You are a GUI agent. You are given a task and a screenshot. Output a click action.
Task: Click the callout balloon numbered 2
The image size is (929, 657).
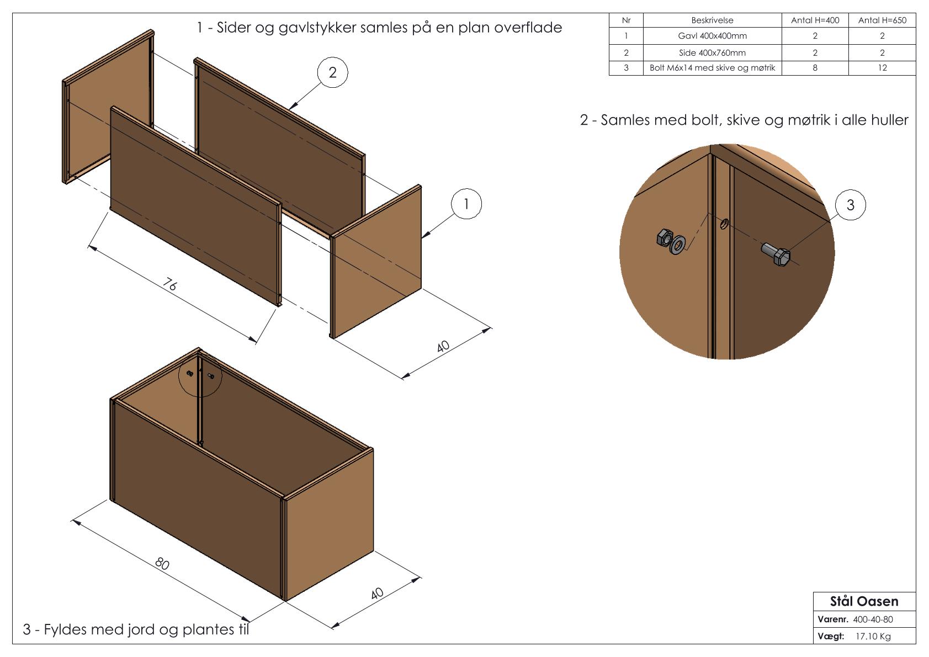pyautogui.click(x=332, y=73)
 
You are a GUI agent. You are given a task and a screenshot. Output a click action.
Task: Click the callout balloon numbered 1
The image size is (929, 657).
pyautogui.click(x=466, y=204)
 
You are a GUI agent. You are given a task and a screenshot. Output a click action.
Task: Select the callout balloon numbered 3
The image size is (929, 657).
pyautogui.click(x=850, y=205)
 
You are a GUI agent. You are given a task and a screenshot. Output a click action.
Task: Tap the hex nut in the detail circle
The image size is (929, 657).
pyautogui.click(x=663, y=239)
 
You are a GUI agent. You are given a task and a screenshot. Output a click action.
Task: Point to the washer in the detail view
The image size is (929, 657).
pyautogui.click(x=677, y=245)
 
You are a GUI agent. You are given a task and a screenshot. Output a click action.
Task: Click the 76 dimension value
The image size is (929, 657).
pyautogui.click(x=171, y=284)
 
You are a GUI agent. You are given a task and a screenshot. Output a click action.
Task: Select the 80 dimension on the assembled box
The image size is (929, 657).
pyautogui.click(x=162, y=564)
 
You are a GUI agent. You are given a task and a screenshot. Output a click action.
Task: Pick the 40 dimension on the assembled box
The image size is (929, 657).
pyautogui.click(x=377, y=594)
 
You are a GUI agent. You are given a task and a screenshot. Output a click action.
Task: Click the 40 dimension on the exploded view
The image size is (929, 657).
pyautogui.click(x=443, y=347)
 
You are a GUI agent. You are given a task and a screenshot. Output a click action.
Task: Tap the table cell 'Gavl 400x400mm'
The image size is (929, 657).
pyautogui.click(x=712, y=36)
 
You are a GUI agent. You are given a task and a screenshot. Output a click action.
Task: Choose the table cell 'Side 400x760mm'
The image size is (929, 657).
pyautogui.click(x=712, y=53)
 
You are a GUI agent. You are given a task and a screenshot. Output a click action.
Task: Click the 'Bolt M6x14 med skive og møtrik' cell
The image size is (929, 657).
pyautogui.click(x=712, y=68)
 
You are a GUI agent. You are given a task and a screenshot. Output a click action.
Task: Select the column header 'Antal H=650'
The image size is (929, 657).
pyautogui.click(x=882, y=20)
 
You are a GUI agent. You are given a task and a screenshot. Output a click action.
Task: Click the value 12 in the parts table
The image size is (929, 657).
pyautogui.click(x=882, y=68)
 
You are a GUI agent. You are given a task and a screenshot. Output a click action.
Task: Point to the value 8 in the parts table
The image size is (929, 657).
pyautogui.click(x=815, y=68)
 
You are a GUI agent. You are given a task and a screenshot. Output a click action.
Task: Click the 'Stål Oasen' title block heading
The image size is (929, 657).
pyautogui.click(x=864, y=601)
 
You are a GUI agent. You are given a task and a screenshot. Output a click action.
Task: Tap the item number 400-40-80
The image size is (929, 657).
pyautogui.click(x=873, y=619)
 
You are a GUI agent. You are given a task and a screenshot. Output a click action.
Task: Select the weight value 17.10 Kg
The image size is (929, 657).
pyautogui.click(x=873, y=637)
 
